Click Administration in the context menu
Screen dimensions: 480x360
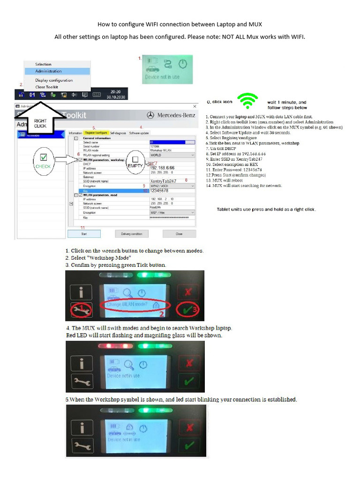click(48, 71)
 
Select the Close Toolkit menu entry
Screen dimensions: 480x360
click(46, 87)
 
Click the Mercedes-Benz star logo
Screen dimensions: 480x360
click(150, 115)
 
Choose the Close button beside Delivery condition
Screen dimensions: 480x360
click(179, 233)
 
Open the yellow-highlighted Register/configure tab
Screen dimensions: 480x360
click(96, 133)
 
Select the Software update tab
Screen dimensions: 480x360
click(139, 133)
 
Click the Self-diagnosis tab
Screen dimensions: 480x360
click(118, 133)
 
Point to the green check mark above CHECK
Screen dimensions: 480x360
click(43, 157)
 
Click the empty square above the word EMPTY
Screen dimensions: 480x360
click(135, 159)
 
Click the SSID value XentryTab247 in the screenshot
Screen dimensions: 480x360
click(163, 180)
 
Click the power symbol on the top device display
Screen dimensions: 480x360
click(183, 64)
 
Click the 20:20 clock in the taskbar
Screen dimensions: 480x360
click(115, 92)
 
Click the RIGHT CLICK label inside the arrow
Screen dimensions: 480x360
click(40, 123)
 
